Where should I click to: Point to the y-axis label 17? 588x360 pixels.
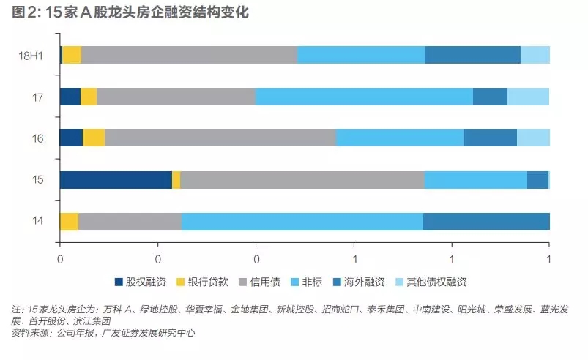point(38,97)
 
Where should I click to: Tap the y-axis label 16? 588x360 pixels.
point(38,138)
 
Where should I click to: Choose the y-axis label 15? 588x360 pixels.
point(38,180)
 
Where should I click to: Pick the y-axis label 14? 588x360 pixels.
point(38,221)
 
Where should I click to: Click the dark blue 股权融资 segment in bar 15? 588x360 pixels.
point(116,180)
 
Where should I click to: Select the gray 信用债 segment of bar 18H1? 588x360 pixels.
point(190,55)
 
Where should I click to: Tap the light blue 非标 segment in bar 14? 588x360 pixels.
point(302,222)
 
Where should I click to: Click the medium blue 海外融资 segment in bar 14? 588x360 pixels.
point(486,222)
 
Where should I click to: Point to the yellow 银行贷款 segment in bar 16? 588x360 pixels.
point(94,138)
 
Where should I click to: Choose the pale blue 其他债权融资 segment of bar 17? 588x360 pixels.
point(528,97)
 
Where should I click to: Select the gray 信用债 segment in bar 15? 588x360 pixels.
point(302,180)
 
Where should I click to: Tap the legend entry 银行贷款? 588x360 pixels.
point(203,282)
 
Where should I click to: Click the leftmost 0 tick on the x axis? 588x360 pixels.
point(60,258)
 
